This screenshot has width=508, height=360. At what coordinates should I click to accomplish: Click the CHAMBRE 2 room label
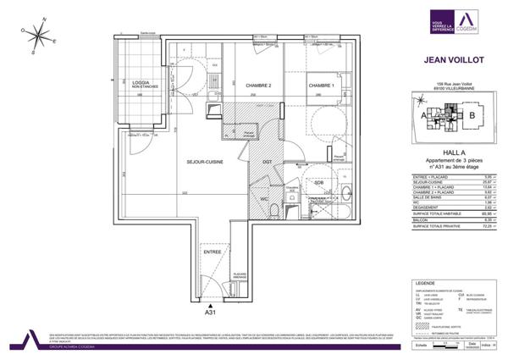pos(258,86)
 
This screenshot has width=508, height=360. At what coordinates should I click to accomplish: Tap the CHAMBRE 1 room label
pos(321,86)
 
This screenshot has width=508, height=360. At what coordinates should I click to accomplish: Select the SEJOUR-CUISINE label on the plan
pos(205,162)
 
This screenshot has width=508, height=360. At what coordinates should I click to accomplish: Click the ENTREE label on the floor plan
pos(212,252)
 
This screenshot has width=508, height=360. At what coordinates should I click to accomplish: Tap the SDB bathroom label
pos(318,183)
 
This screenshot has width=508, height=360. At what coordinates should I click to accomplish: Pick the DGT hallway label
pos(267,161)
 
